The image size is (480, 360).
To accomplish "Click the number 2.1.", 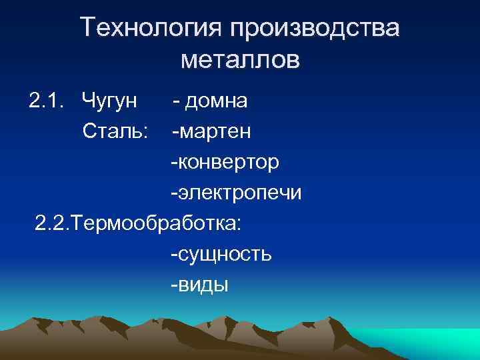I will (46, 101).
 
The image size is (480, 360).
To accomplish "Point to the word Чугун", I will (110, 102).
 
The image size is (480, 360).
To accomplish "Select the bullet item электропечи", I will (239, 194).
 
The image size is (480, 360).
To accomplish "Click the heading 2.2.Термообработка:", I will (139, 224).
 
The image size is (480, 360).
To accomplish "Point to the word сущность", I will (224, 255).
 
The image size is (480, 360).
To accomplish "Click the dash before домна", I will (175, 102).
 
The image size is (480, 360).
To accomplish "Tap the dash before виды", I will (174, 286).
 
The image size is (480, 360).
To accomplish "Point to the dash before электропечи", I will (174, 194).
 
